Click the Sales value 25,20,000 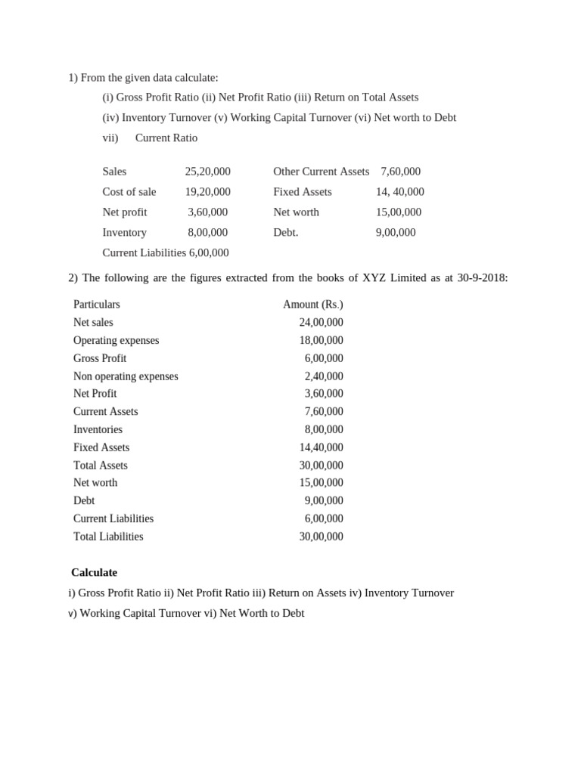click(207, 172)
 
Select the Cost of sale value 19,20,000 click(207, 192)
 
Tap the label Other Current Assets click(321, 172)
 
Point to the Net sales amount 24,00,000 click(321, 323)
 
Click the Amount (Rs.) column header click(312, 305)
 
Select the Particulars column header click(96, 305)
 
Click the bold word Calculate click(94, 573)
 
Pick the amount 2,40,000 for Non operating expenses click(324, 376)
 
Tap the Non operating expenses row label click(126, 376)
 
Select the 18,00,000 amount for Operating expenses click(321, 341)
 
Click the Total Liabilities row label click(108, 537)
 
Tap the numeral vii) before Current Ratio click(110, 138)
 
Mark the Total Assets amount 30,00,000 click(321, 466)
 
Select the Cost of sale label click(129, 192)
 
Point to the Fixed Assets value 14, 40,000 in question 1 click(399, 192)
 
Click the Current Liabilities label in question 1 click(144, 253)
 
